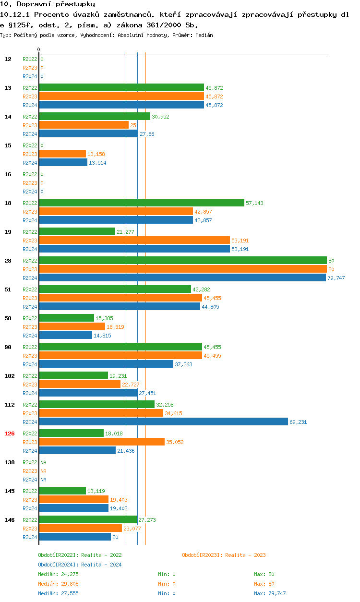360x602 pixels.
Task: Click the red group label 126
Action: pos(10,433)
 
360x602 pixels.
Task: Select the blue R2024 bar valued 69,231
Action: pos(163,422)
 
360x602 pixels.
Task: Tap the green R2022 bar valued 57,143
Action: pos(142,203)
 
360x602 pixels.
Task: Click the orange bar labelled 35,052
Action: pos(102,442)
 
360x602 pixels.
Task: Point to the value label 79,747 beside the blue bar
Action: pos(336,278)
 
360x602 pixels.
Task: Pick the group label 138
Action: pos(10,462)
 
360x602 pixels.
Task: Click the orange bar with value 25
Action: pos(84,125)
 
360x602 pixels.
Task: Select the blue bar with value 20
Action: pos(75,537)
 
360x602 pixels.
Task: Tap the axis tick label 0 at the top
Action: pos(39,49)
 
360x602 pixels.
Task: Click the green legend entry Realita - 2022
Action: pos(80,555)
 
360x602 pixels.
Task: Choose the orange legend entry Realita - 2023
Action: pos(224,555)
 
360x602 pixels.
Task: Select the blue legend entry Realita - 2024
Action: pos(80,565)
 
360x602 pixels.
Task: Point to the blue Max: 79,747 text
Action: pos(270,593)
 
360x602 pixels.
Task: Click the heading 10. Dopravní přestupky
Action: pos(48,4)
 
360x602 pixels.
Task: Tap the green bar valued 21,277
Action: pos(77,232)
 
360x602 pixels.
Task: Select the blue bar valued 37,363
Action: pos(106,364)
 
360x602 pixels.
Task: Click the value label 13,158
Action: pos(96,154)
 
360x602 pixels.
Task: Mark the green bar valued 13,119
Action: pos(62,491)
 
